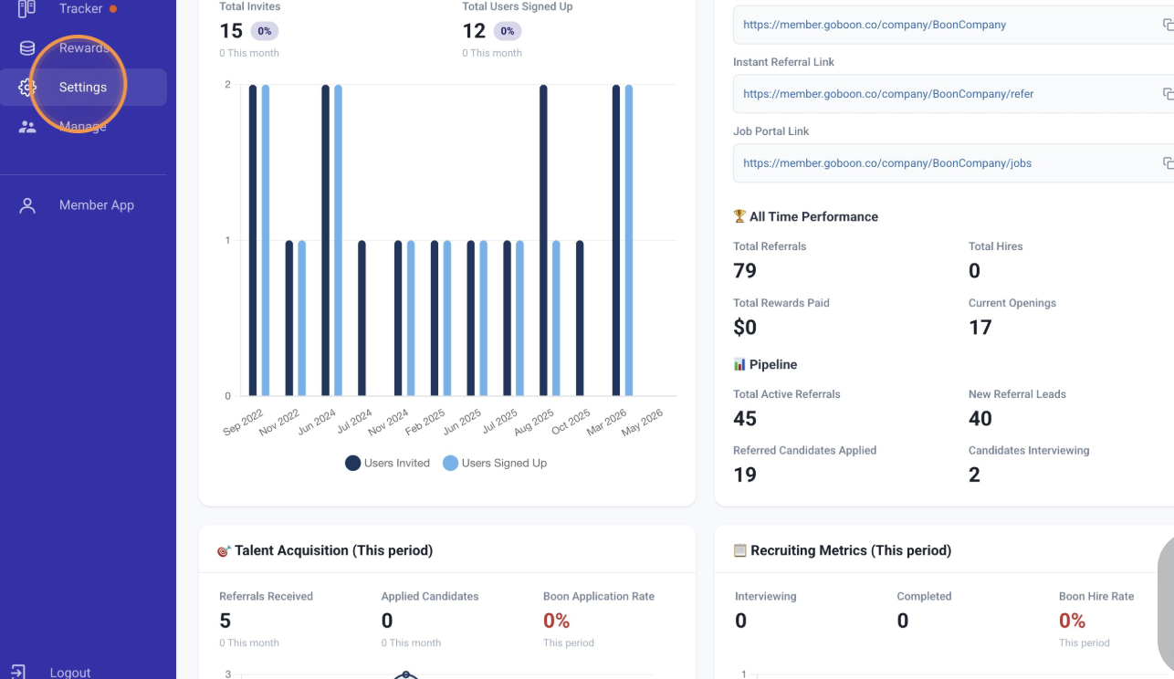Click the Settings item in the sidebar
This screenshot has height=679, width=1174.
point(83,87)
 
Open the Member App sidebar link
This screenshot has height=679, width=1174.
point(97,204)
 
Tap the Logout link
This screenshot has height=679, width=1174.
point(70,673)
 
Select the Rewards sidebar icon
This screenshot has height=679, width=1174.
point(27,48)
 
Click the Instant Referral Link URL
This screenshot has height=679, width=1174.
point(888,94)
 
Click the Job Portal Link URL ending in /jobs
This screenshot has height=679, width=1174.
point(886,163)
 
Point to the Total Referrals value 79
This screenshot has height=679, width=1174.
point(745,271)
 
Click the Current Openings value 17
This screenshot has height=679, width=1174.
point(980,328)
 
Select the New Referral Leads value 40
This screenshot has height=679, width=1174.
point(980,419)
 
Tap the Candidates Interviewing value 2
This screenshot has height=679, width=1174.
point(974,475)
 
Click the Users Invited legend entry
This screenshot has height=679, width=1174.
point(387,463)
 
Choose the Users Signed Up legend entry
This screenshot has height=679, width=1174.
point(495,463)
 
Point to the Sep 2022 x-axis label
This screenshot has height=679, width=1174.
point(243,423)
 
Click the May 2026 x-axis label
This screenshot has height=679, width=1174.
point(642,423)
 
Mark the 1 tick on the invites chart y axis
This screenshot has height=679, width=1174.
point(227,241)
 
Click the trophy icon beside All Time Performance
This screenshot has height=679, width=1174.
point(739,216)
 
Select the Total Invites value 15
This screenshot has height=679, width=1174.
point(231,31)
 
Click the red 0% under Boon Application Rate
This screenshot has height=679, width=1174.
point(556,621)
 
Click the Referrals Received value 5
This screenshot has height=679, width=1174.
point(225,621)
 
